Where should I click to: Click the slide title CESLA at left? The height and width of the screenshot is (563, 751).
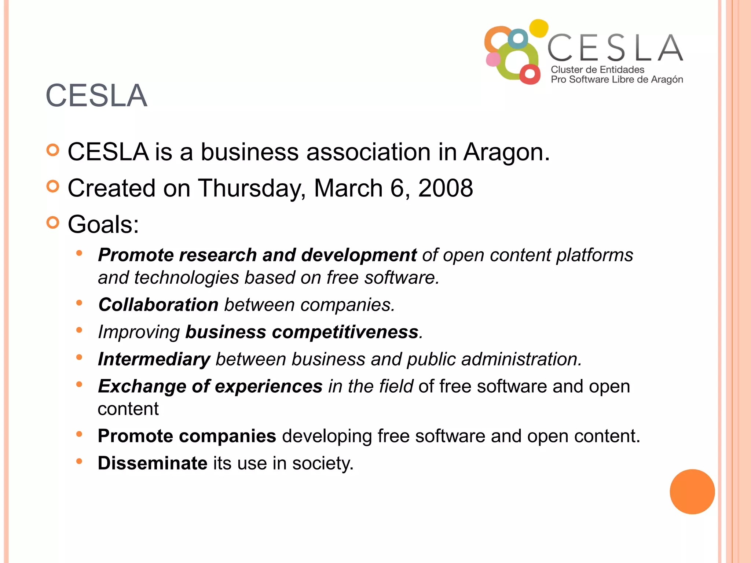tap(96, 96)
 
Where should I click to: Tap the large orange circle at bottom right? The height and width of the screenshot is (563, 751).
tap(692, 492)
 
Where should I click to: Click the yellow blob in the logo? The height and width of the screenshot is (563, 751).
tap(539, 28)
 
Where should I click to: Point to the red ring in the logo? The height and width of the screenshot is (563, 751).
tap(530, 74)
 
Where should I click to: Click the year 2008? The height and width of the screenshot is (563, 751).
tap(445, 188)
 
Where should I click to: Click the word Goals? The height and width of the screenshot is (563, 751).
tap(103, 224)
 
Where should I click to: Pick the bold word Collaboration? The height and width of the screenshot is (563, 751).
tap(158, 305)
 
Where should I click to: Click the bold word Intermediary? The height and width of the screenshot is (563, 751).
tap(154, 359)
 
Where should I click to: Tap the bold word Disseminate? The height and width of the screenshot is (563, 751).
tap(153, 463)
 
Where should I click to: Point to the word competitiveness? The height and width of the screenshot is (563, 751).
tap(345, 332)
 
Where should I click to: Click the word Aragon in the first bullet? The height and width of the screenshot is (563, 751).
tap(506, 152)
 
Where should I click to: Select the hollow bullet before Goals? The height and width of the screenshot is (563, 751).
tap(53, 222)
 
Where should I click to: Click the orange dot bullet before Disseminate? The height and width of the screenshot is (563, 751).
tap(79, 461)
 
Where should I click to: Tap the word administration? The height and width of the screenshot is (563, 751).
tap(521, 359)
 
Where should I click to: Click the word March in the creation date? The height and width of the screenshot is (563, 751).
tap(348, 188)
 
